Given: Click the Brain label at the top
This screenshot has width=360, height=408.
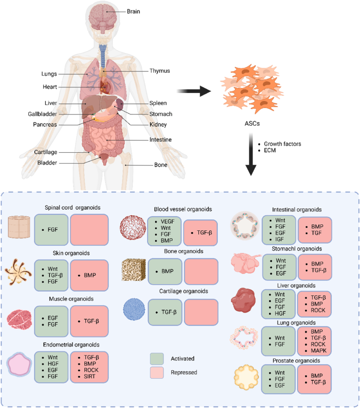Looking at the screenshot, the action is coord(133,11).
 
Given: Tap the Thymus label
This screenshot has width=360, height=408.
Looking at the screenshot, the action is coord(160,71).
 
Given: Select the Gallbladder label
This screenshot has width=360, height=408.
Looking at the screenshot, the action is coord(42,114).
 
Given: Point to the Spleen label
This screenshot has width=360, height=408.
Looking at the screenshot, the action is coord(158,103).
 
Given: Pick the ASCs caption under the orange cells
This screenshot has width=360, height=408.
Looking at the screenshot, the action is coord(252,123).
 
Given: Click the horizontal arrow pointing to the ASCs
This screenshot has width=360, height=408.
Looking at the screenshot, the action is coord(194,91).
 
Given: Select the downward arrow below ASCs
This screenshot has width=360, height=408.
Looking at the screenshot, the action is coord(251,155).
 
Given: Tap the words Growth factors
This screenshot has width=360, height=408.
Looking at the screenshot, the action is coord(282,144).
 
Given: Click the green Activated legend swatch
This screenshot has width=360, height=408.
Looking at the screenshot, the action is coord(157,359).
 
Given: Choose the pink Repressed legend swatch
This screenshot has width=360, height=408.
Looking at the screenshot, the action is coord(157,373).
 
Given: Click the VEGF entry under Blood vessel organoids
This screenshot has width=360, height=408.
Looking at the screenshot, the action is coord(167,221).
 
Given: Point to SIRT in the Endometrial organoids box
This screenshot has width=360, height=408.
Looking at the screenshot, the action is coord(89,376).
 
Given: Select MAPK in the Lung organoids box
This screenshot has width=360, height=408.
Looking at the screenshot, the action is coord(319,351).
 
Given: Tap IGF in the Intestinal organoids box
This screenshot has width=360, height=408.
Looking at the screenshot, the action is coord(279,239).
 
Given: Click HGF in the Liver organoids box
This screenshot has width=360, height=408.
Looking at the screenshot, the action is coord(280,313).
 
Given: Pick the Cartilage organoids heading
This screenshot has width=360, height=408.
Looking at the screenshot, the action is coord(183,291).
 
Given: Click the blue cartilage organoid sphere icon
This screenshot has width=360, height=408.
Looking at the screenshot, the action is coord(134,310).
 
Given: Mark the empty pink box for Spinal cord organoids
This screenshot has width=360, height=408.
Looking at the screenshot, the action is coord(89,230).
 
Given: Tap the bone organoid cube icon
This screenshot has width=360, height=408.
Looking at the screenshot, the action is coord(134,270).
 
